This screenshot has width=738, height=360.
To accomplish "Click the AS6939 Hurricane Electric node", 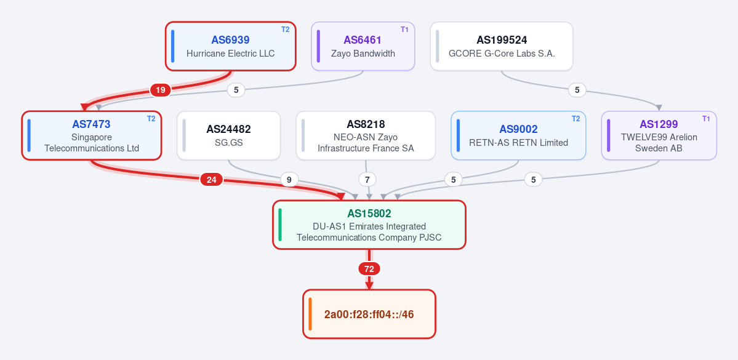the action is coord(231,46).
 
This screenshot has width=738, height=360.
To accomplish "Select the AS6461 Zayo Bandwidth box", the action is coord(363,46).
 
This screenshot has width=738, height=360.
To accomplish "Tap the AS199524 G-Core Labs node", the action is coord(502,46).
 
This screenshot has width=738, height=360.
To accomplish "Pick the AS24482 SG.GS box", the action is coord(229,135).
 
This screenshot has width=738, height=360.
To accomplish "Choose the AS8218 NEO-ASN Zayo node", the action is coord(366,135).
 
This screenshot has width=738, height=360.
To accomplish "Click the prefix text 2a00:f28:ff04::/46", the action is coord(369,314).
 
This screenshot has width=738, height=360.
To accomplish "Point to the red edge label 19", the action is coord(161,90).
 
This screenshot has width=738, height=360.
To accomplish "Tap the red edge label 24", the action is coord(211,179).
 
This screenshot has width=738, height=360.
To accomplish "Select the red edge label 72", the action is coord(369,269).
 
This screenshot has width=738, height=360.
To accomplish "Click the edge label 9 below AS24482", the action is coord(289,179).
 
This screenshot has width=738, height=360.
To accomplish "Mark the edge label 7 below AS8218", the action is coord(367,179).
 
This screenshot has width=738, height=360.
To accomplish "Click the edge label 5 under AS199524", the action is coord(577,89).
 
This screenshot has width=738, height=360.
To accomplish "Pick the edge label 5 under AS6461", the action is coord(236,90).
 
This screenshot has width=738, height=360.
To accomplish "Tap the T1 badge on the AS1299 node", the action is coord(706,119).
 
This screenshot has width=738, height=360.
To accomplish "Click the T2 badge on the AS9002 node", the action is coord(576,119).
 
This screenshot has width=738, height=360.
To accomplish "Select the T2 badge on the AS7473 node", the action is coord(151,119).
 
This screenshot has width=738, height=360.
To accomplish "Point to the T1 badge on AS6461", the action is coord(405,29).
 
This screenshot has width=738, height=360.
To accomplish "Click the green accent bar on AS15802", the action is coord(280,225).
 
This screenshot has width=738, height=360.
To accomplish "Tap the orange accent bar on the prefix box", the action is coord(310,314).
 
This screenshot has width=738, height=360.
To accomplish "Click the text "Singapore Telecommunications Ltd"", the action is coord(92,143).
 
